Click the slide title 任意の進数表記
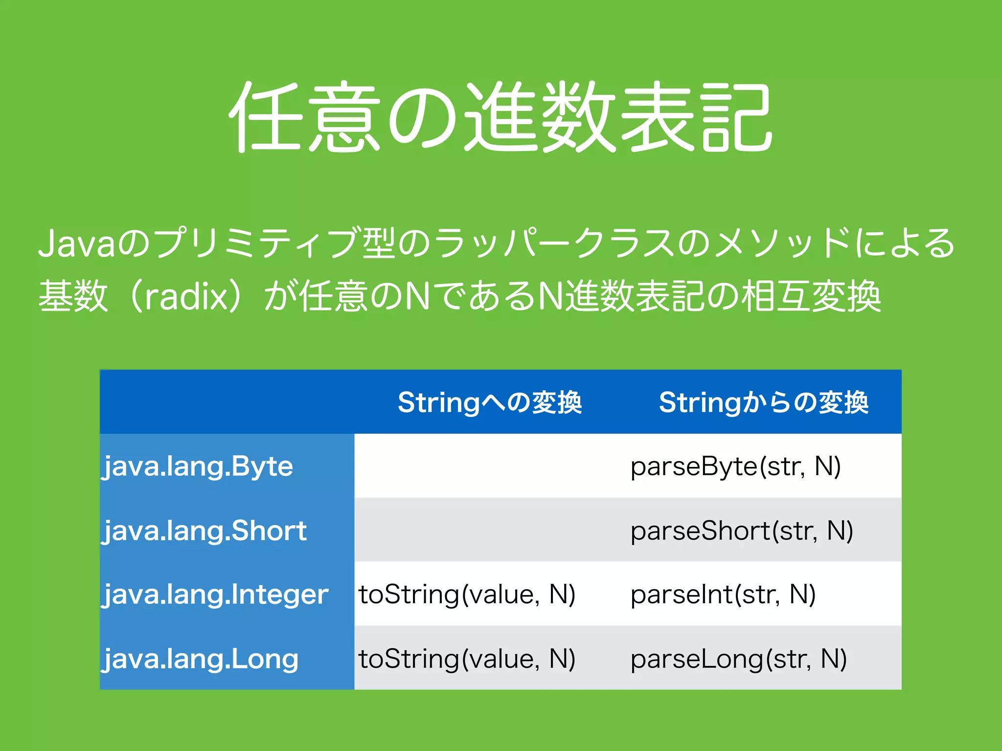point(500,117)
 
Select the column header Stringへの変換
point(490,402)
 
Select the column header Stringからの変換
point(763,402)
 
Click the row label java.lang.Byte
point(198,466)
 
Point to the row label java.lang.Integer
point(215,595)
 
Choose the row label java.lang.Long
point(200,659)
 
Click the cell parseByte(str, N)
point(735,466)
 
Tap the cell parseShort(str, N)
point(741,530)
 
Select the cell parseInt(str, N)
point(723,595)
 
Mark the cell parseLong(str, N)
point(738,659)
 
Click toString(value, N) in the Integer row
point(467,595)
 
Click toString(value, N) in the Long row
point(467,659)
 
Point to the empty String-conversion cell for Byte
point(489,466)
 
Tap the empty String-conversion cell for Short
point(489,530)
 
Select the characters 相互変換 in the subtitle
point(811,296)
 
